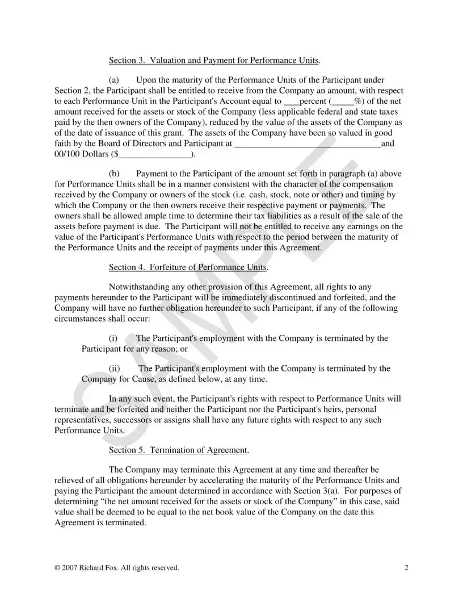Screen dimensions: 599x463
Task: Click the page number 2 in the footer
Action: pos(406,567)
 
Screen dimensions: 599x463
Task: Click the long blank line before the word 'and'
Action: pos(308,144)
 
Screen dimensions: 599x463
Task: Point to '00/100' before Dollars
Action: pos(66,154)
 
